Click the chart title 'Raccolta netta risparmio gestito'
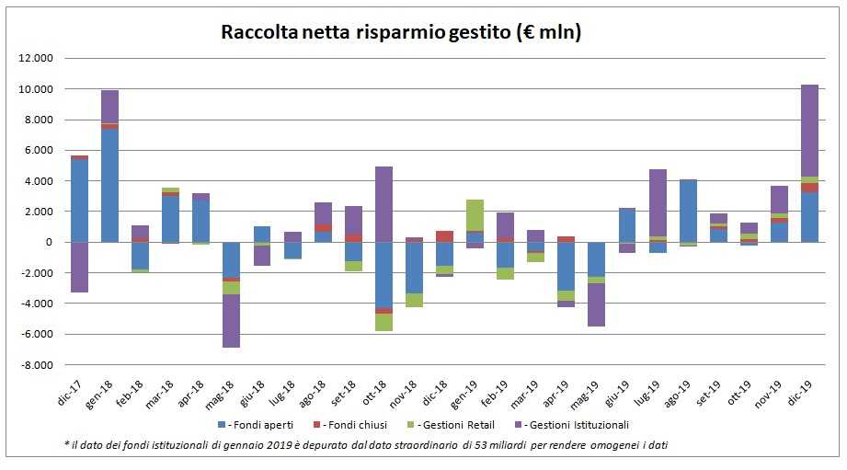401,33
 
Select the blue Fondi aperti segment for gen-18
109,185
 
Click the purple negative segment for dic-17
79,267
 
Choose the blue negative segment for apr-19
566,266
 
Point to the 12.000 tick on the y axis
38,59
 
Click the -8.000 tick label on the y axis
38,365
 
